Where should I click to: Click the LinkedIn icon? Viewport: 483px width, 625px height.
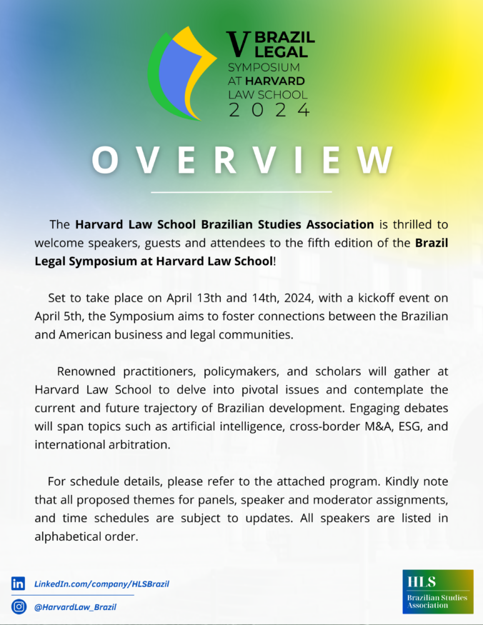click(x=18, y=584)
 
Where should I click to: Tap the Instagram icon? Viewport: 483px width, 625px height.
click(x=18, y=606)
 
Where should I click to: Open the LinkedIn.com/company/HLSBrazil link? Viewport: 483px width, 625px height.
click(x=101, y=584)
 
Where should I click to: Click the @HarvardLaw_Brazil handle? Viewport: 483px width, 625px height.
click(x=75, y=606)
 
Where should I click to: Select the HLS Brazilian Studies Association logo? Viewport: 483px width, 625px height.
click(x=437, y=591)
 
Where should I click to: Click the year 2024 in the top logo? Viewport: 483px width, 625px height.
click(x=269, y=109)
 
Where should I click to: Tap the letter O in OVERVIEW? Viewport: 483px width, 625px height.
click(x=106, y=161)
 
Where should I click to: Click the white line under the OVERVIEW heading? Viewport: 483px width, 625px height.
click(x=241, y=192)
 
